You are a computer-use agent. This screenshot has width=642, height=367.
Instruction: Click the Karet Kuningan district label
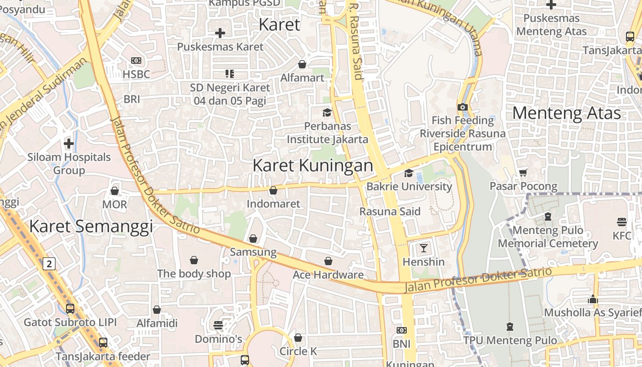pos(313,166)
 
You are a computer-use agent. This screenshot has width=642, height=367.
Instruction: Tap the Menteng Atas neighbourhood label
pos(566,113)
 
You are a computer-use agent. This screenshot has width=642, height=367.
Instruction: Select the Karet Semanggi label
pos(91,226)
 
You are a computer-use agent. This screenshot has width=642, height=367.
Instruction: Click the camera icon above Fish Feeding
pos(462,107)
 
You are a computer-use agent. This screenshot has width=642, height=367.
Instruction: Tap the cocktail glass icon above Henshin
pos(423,248)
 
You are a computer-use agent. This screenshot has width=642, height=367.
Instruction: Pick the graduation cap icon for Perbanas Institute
pos(327,112)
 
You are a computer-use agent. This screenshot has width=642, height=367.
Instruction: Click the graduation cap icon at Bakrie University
pos(408,173)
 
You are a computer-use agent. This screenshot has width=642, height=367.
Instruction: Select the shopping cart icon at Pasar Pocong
pos(523,172)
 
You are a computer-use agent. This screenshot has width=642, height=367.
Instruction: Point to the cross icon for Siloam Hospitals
pos(69,144)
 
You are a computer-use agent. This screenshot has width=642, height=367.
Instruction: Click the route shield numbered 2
pos(50,263)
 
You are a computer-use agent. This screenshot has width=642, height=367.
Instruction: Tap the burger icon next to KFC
pos(622,222)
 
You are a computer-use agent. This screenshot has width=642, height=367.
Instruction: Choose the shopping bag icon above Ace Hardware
pos(328,261)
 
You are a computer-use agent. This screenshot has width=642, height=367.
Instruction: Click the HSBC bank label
pos(136,74)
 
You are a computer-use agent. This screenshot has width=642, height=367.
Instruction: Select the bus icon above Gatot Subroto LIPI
pos(70,308)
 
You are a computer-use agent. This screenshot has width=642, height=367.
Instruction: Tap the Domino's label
pos(218,339)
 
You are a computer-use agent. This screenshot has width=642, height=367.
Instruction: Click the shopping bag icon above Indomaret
pos(273,190)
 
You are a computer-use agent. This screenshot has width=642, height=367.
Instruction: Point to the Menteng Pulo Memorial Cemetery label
pos(548,237)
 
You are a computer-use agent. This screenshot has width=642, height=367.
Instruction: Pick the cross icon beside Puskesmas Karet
pos(220,33)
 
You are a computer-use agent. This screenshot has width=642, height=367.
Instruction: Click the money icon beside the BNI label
pos(401,330)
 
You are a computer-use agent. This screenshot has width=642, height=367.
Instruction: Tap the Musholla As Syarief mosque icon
pos(593,300)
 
